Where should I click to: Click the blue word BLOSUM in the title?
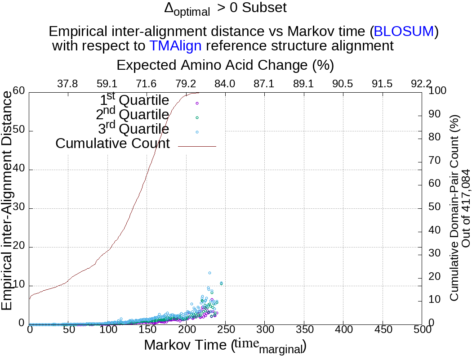(x=404, y=31)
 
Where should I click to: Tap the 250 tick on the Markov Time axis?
(x=225, y=330)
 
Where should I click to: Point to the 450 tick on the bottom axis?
(x=383, y=330)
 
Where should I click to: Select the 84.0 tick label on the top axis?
(x=225, y=84)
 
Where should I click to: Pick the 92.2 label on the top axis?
(x=421, y=84)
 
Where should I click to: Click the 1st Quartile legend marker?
(x=197, y=103)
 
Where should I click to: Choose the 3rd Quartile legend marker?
(x=197, y=132)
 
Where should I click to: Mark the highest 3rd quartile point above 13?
(x=209, y=273)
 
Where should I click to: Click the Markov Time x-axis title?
(x=225, y=346)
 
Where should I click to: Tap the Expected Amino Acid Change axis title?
(x=225, y=65)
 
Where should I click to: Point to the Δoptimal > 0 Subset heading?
(x=226, y=9)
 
